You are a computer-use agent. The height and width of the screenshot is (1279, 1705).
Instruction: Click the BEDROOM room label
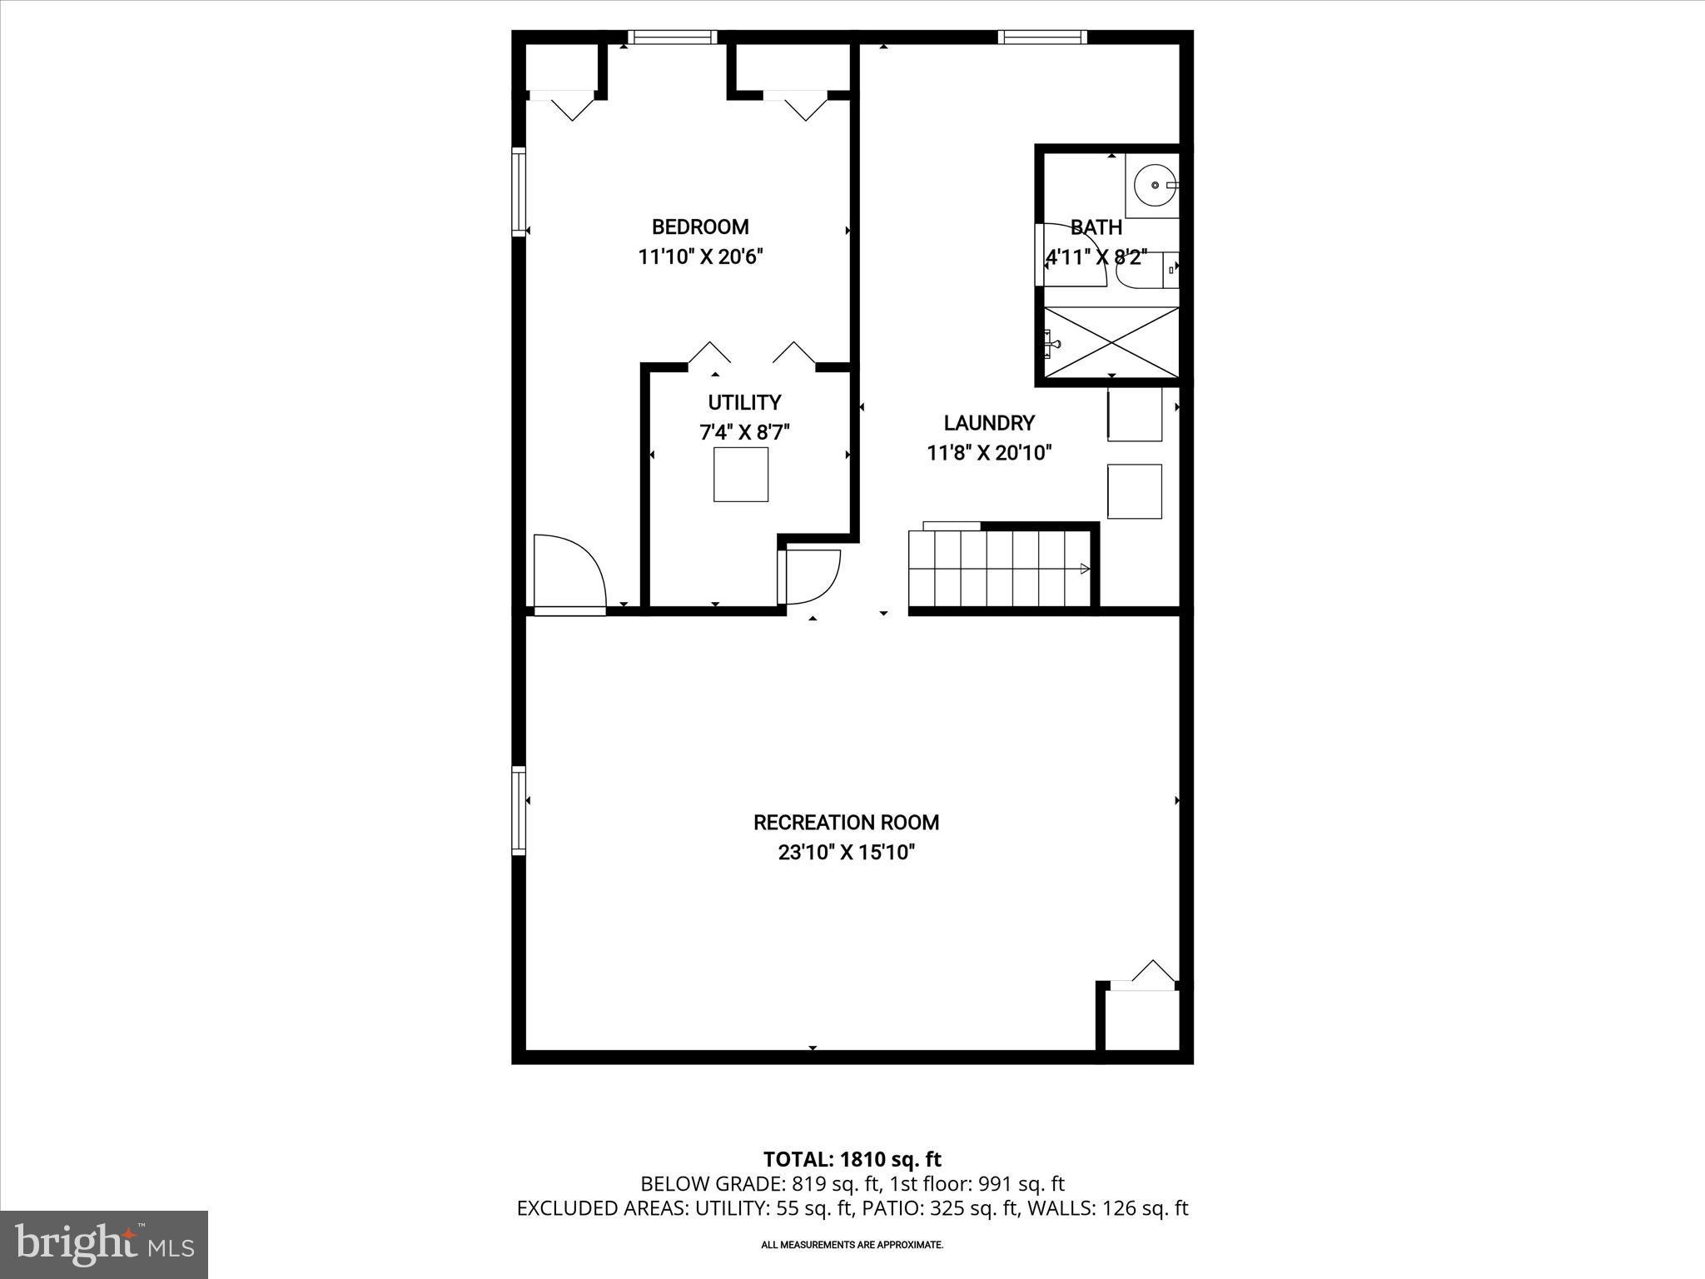click(699, 226)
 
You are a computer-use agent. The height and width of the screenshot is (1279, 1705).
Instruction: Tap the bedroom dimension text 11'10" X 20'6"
click(699, 256)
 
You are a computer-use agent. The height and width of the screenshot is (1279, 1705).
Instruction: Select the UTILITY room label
click(744, 403)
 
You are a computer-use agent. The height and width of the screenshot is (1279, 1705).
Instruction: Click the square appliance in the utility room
click(740, 475)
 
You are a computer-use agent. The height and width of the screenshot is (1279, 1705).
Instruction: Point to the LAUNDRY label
click(989, 423)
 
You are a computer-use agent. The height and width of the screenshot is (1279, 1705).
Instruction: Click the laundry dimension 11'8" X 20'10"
click(989, 453)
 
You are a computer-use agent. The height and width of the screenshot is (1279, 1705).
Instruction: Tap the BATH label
click(1096, 227)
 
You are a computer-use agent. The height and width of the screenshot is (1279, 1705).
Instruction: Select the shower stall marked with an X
click(1111, 341)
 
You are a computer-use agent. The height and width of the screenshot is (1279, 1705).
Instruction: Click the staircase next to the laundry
click(999, 569)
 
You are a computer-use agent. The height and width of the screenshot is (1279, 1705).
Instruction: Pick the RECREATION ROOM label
click(846, 823)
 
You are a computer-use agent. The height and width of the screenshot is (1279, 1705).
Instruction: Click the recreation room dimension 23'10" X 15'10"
click(846, 853)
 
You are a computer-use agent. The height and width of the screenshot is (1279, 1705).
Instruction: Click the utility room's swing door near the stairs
click(809, 576)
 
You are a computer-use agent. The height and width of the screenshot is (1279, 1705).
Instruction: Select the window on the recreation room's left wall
click(519, 810)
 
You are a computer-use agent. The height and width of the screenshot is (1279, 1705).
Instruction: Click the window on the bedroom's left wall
click(519, 192)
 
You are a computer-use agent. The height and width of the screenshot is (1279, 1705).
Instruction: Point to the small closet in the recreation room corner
click(1141, 1020)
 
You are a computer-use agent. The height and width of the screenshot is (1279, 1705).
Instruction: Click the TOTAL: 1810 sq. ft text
click(852, 1159)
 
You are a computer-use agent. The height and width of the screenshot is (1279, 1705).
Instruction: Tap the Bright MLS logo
click(104, 1244)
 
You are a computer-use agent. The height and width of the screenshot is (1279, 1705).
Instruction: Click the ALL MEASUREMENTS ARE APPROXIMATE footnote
click(852, 1245)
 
